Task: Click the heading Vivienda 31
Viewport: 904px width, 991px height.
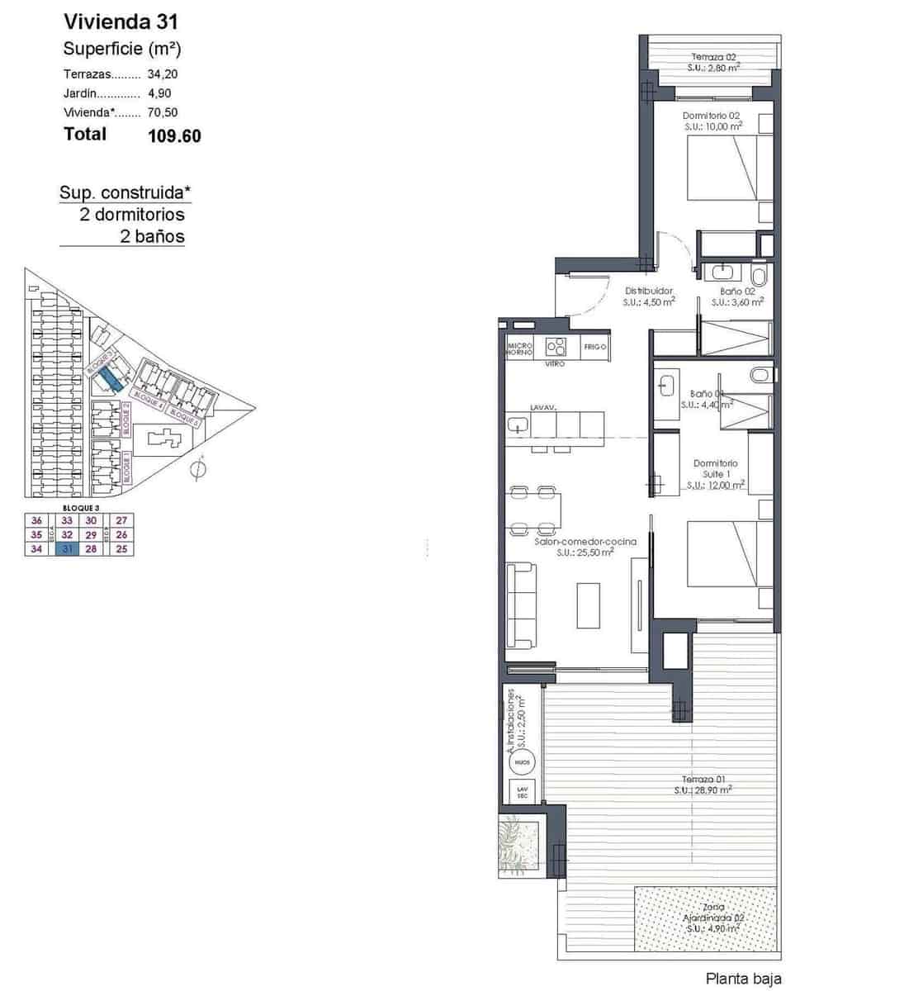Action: tap(121, 21)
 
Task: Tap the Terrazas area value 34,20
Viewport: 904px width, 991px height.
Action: tap(163, 73)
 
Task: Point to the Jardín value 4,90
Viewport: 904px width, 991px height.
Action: tap(159, 93)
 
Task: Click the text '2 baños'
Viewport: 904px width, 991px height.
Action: tap(152, 237)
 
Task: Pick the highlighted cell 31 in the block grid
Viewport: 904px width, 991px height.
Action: tap(68, 549)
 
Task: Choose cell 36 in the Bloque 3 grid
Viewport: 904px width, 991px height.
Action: tap(36, 520)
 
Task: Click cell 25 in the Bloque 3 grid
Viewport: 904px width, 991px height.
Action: tap(122, 549)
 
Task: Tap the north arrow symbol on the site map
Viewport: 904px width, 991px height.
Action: tap(196, 470)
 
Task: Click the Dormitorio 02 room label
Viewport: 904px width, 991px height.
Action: tap(711, 116)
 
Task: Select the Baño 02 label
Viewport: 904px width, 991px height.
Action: tap(737, 292)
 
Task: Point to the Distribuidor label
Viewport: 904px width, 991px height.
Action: tap(648, 291)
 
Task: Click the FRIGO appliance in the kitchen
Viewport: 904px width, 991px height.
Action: tap(594, 347)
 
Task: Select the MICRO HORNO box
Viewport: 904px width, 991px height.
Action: tap(519, 348)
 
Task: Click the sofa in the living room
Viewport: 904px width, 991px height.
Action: tap(521, 605)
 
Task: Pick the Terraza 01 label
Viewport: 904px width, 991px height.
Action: tap(703, 779)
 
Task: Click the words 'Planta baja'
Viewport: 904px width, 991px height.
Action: tap(742, 979)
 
